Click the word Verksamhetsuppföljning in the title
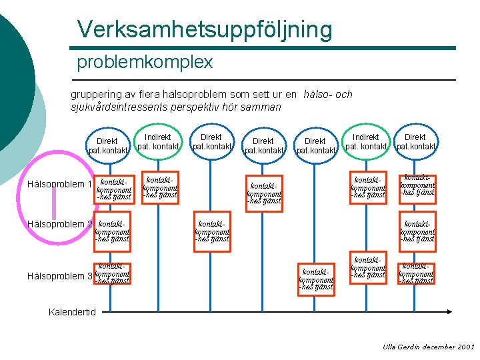[x=204, y=29]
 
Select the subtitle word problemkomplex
[x=145, y=63]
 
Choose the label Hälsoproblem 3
[x=59, y=276]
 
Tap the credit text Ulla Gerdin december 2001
[x=428, y=347]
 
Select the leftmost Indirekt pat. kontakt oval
[x=158, y=142]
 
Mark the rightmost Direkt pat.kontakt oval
[x=416, y=142]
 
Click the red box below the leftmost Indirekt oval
[x=160, y=187]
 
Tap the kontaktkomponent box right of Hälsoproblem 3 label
[x=112, y=273]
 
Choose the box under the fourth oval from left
[x=263, y=192]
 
